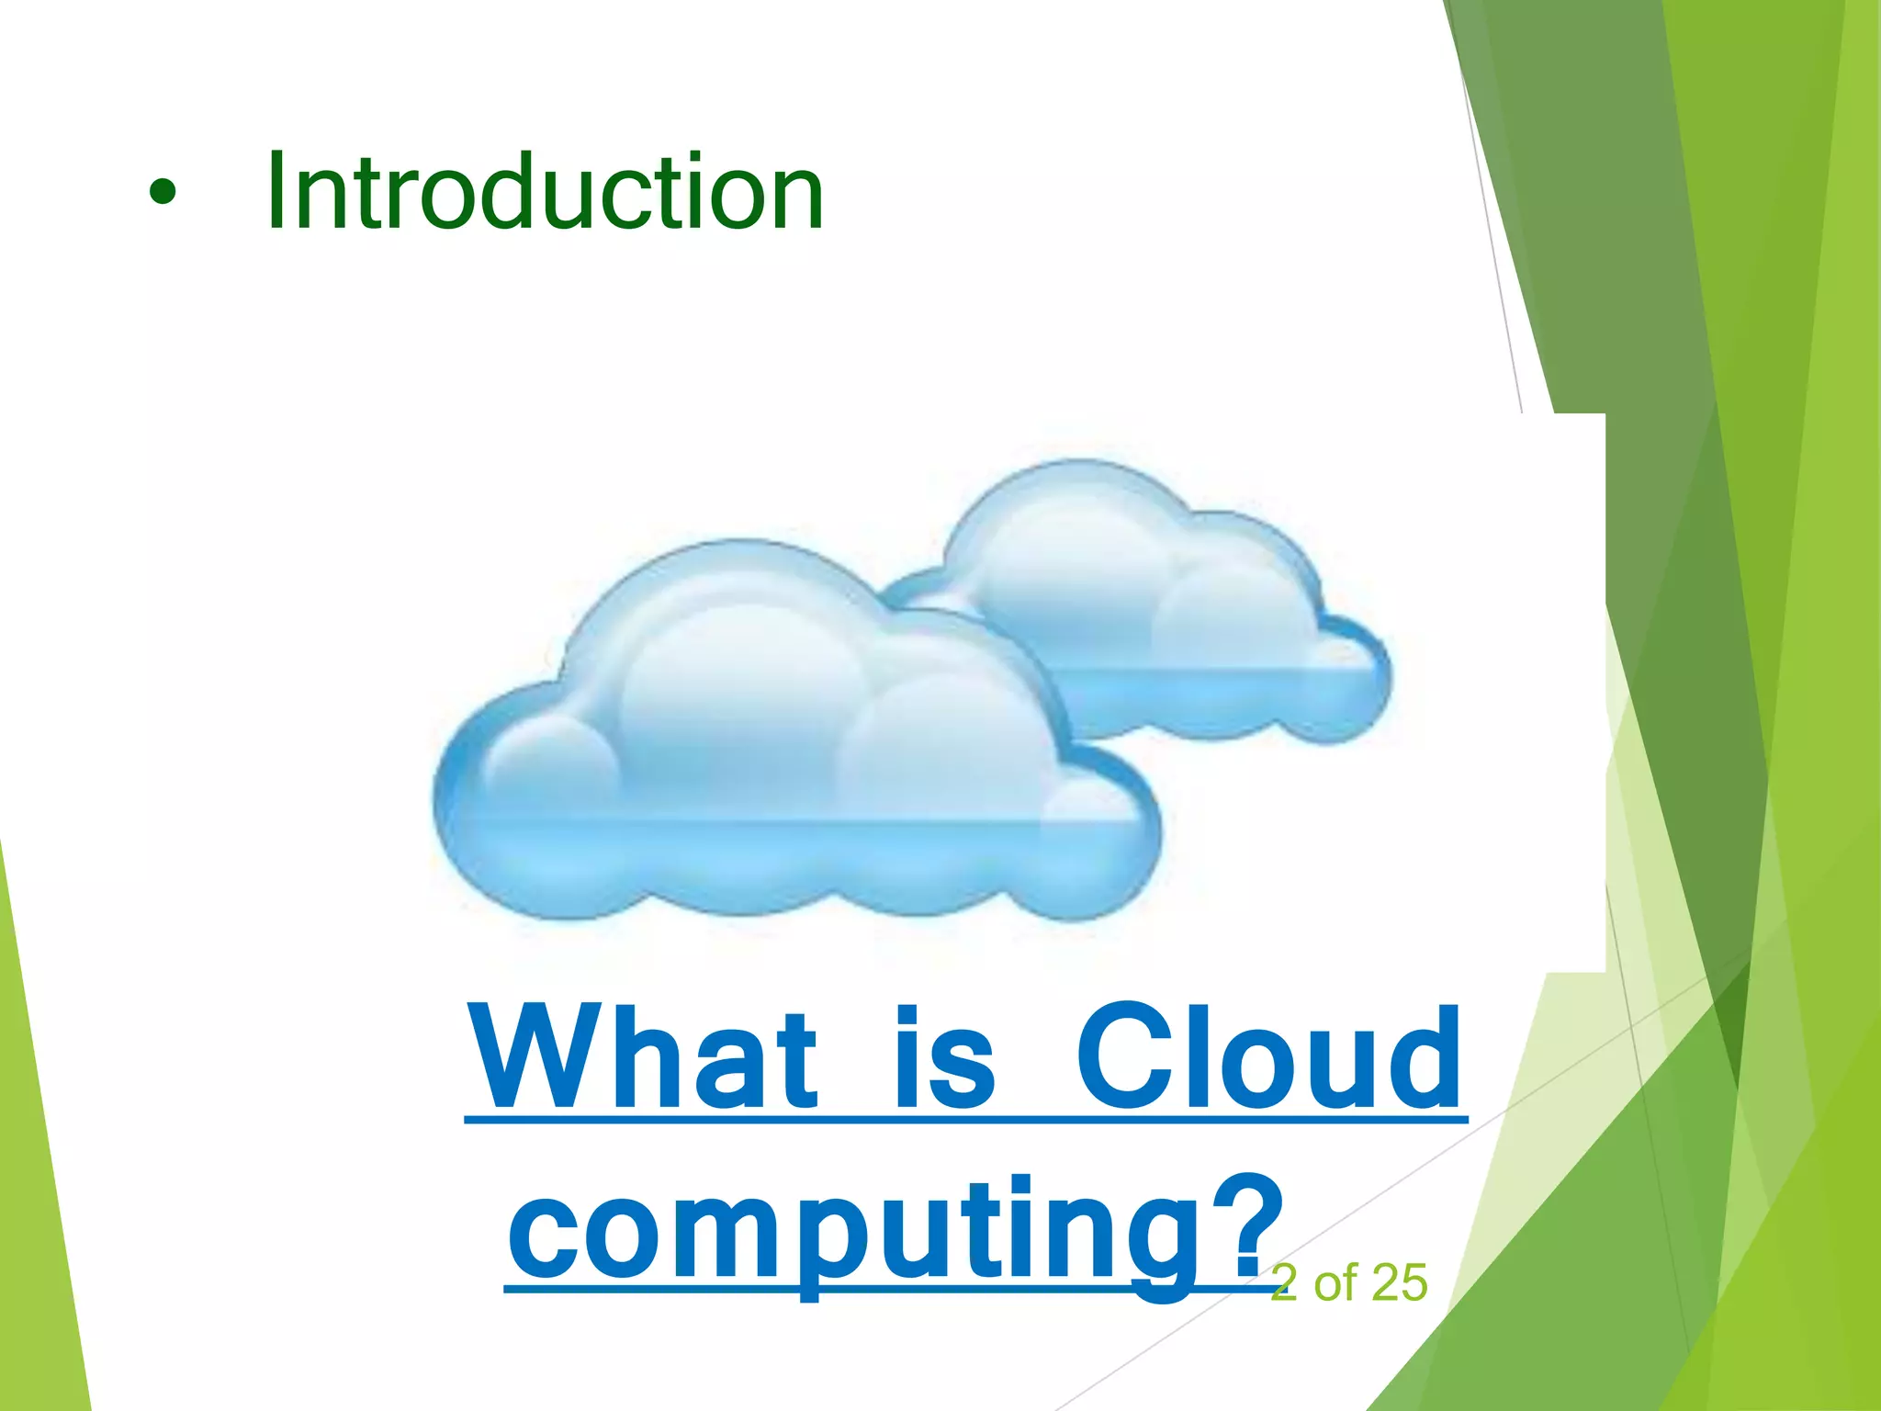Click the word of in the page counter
[x=1335, y=1282]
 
